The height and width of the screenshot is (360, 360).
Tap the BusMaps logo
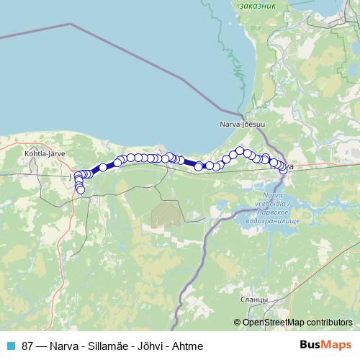pos(326,345)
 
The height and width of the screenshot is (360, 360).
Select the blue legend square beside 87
pos(9,346)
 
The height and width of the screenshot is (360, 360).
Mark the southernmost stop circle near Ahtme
pos(80,190)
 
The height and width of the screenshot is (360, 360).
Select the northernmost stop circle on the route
pos(240,151)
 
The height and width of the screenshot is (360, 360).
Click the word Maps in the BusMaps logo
pos(338,345)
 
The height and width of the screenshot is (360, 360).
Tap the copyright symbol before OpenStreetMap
pos(238,322)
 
